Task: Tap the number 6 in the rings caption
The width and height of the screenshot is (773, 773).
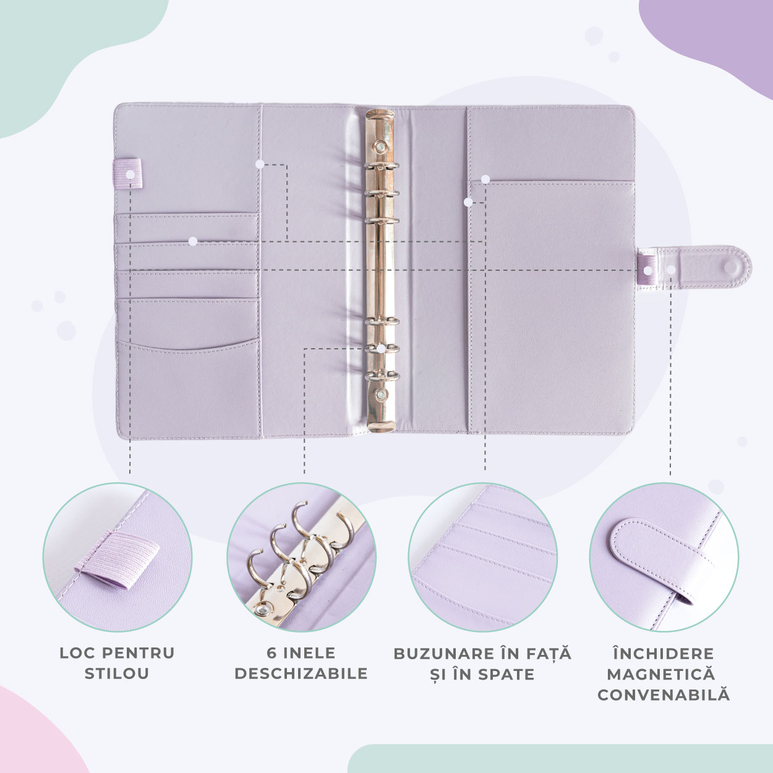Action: pyautogui.click(x=272, y=653)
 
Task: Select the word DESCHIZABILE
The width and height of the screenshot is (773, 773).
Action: pyautogui.click(x=301, y=673)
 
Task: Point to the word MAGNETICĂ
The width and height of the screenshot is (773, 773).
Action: pyautogui.click(x=661, y=674)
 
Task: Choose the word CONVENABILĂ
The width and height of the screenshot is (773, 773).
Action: pyautogui.click(x=664, y=695)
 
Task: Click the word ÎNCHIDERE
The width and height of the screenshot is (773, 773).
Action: pyautogui.click(x=664, y=653)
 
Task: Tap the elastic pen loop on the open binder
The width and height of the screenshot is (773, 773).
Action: pyautogui.click(x=128, y=173)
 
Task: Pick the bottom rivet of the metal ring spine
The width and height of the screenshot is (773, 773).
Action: pyautogui.click(x=380, y=395)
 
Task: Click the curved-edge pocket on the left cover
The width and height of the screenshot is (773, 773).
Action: pyautogui.click(x=188, y=387)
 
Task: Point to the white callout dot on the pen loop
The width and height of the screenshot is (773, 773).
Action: pyautogui.click(x=130, y=174)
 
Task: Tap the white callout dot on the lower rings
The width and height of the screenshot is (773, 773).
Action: pyautogui.click(x=381, y=349)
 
